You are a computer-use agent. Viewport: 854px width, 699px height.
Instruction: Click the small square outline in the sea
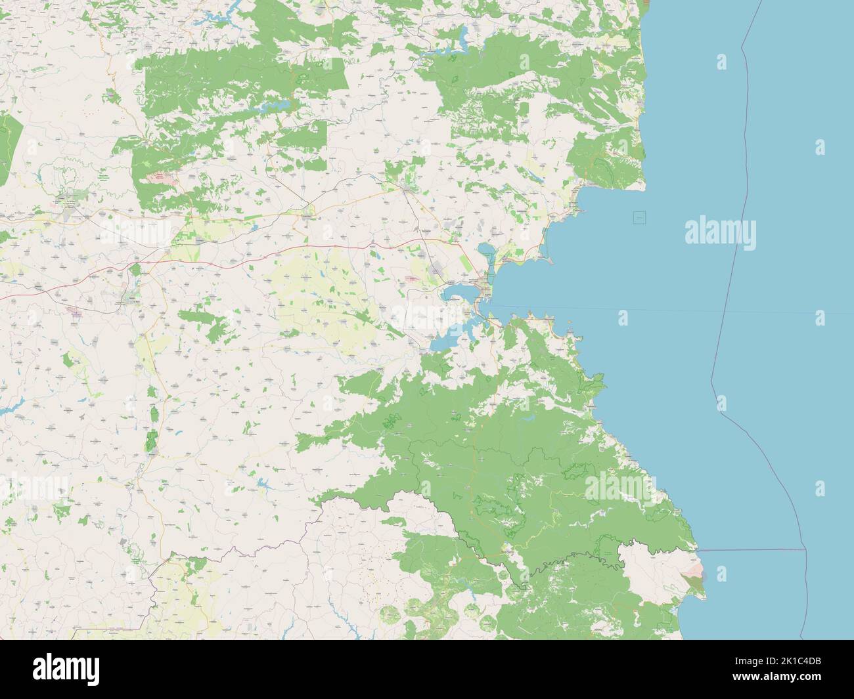639,217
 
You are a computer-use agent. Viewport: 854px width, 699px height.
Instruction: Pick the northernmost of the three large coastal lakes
487,251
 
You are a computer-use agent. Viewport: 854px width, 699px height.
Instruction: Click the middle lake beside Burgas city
460,291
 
